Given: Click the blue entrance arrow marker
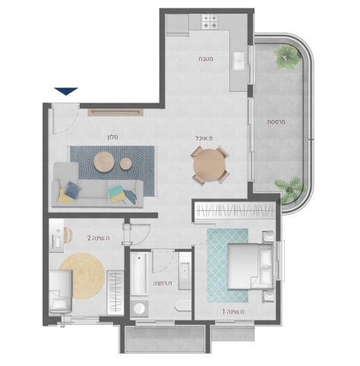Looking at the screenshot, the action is click(66, 91).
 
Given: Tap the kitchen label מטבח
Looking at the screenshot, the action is click(205, 58).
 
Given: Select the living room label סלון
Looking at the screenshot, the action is click(112, 137).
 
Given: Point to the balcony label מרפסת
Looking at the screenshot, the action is click(276, 121).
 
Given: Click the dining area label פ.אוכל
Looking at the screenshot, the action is click(204, 138).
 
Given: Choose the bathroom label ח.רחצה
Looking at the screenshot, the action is click(163, 283).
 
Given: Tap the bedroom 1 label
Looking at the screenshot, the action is click(233, 311).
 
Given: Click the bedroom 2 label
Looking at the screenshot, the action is click(99, 238).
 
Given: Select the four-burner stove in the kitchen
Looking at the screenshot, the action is click(210, 21).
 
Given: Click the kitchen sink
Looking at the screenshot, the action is click(238, 61).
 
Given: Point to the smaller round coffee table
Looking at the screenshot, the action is click(125, 163).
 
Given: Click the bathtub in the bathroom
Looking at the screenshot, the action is click(138, 274).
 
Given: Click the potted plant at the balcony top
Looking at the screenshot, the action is click(288, 57).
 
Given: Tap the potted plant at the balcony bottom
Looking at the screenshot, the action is click(289, 191).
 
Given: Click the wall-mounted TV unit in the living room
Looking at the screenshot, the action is click(115, 112).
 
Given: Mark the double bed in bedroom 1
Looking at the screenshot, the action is click(251, 266).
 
